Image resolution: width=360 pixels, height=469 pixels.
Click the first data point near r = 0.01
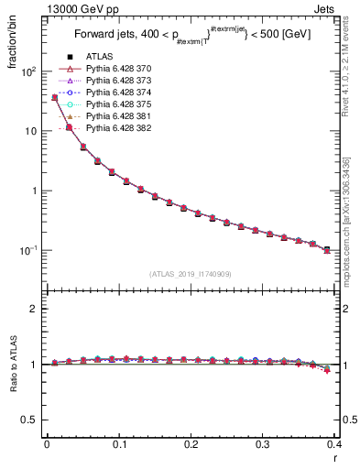(x=54, y=97)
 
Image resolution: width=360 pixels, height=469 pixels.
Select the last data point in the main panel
(x=327, y=249)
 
